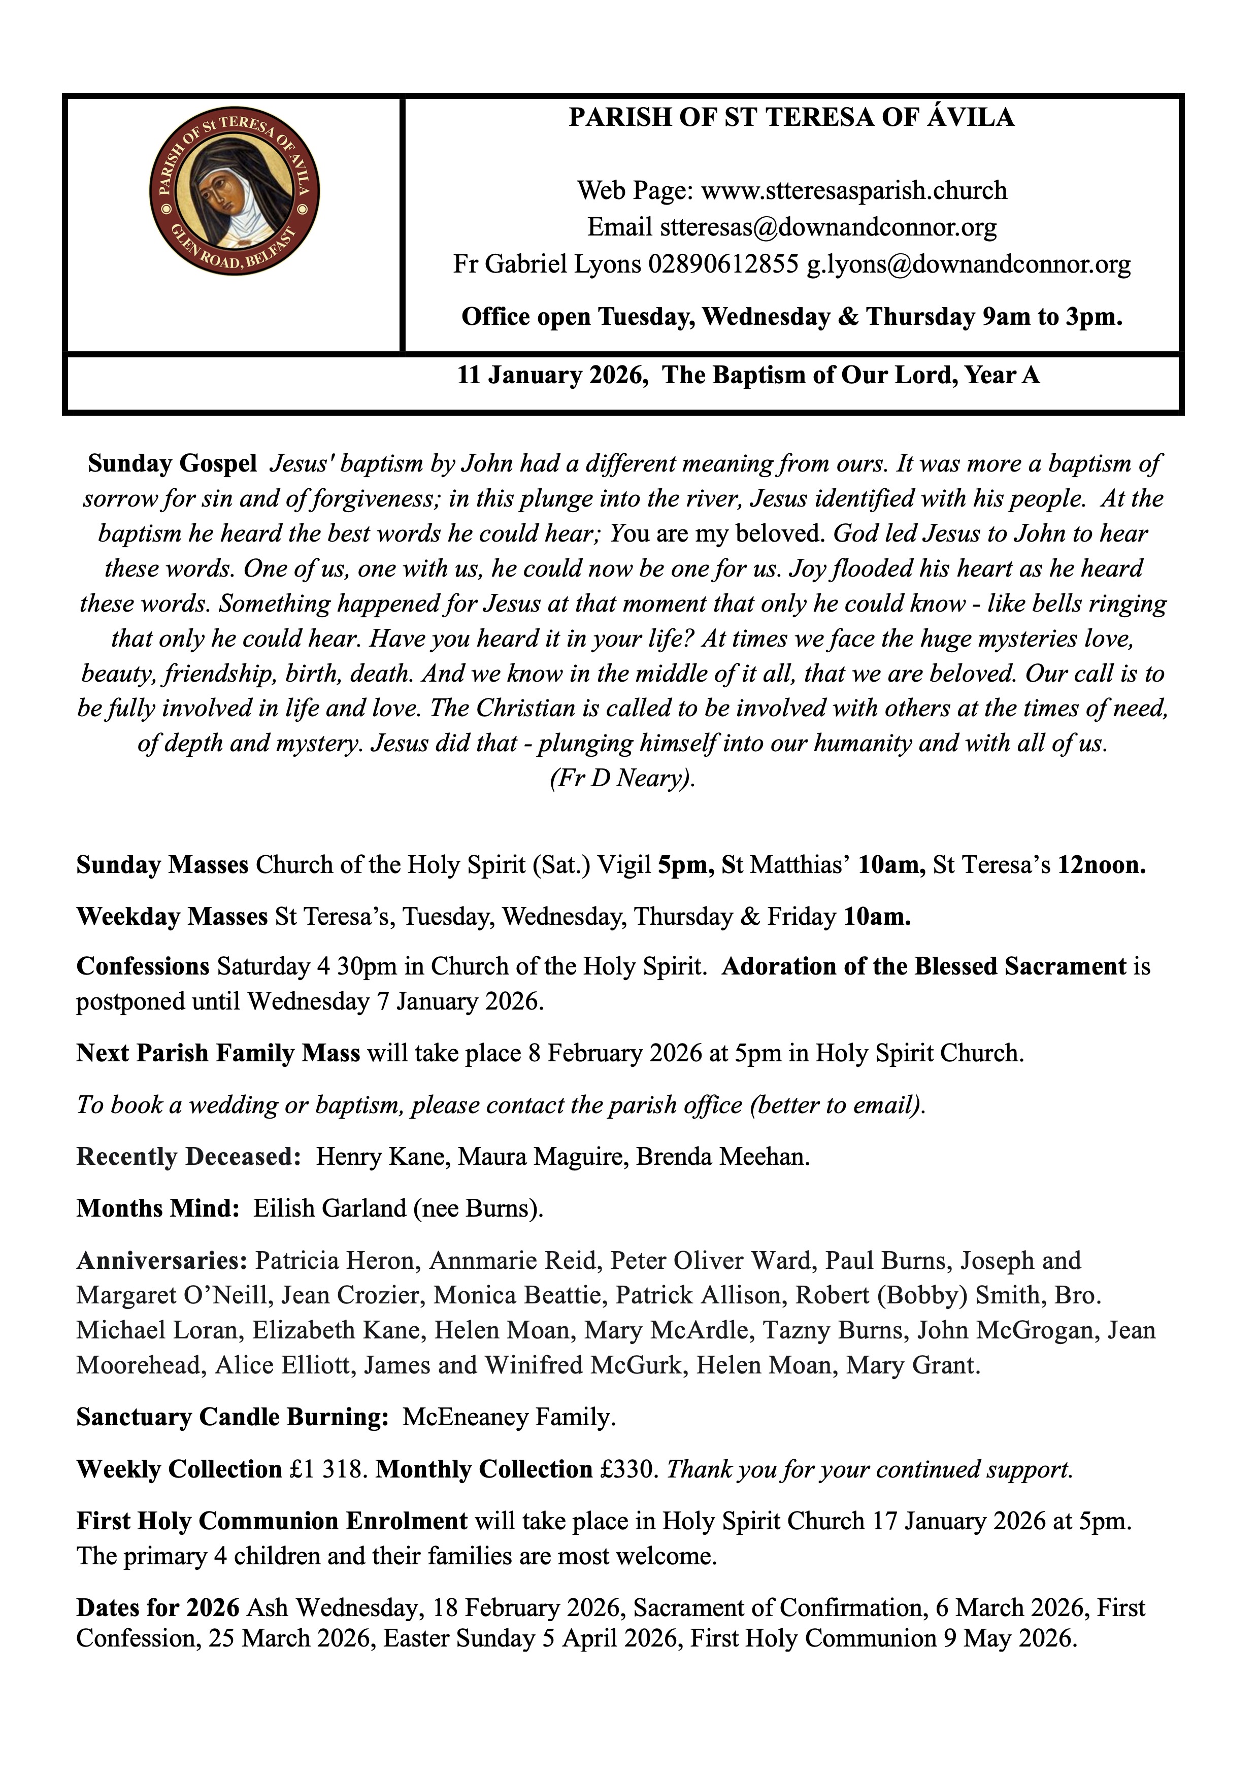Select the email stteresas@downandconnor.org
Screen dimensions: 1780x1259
(x=828, y=228)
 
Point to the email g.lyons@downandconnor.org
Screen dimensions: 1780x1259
(x=968, y=265)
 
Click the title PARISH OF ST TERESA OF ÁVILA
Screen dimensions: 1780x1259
(x=791, y=118)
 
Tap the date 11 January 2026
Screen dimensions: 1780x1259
(x=552, y=376)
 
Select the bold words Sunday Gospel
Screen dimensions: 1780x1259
(x=172, y=463)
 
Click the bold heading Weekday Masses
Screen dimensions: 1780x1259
(x=171, y=917)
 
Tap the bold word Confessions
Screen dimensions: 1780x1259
(x=143, y=967)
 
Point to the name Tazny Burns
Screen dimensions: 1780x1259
(x=834, y=1330)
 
